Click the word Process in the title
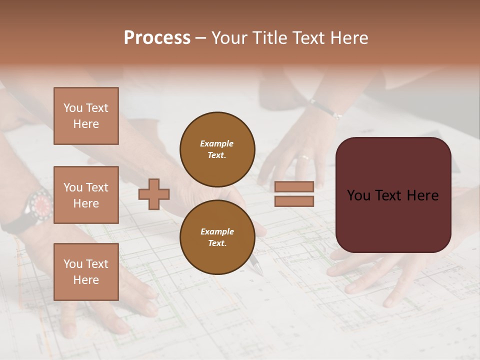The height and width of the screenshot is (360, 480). (x=157, y=38)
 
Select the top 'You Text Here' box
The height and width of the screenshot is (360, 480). (x=86, y=116)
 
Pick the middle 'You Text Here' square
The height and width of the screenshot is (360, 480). (x=86, y=195)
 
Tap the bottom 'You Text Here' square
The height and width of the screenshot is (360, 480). (x=86, y=271)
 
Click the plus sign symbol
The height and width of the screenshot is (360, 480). (x=154, y=194)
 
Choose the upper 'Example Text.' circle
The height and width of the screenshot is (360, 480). (x=217, y=149)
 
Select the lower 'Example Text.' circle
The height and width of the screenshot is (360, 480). (x=217, y=237)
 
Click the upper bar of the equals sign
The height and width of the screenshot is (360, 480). (x=294, y=187)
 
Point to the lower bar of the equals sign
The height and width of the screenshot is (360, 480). (x=294, y=201)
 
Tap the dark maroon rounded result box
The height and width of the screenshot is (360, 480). (x=393, y=195)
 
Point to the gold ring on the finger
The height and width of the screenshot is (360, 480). (x=304, y=157)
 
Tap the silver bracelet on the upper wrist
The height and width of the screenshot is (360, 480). (x=325, y=109)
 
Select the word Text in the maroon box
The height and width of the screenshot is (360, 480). (x=393, y=195)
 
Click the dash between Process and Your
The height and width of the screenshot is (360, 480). (x=201, y=38)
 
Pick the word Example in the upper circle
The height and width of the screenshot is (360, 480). (x=216, y=143)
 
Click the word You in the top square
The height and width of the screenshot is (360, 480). (x=72, y=108)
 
